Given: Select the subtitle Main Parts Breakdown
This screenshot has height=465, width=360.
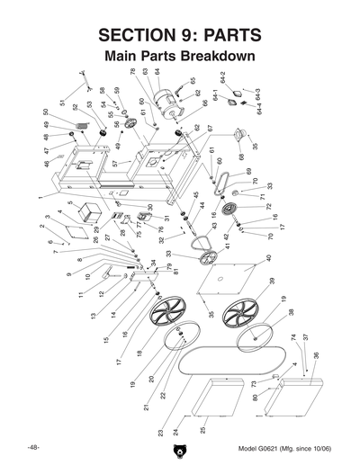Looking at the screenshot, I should (180, 56).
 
